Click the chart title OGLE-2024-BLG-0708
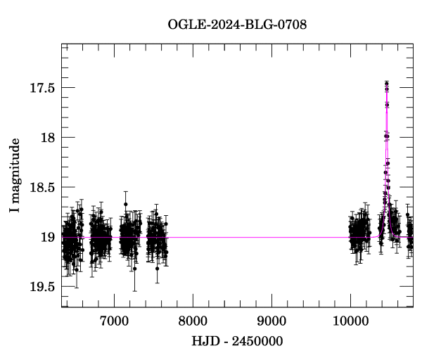pos(237,25)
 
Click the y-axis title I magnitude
pos(15,176)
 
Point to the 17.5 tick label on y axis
pos(42,88)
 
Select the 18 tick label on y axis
pos(49,138)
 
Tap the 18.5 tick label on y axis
pos(42,188)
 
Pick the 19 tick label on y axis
pos(49,238)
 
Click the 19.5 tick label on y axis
pos(42,287)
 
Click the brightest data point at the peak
pos(386,84)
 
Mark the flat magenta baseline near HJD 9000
pos(271,238)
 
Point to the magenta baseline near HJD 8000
pos(193,238)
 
